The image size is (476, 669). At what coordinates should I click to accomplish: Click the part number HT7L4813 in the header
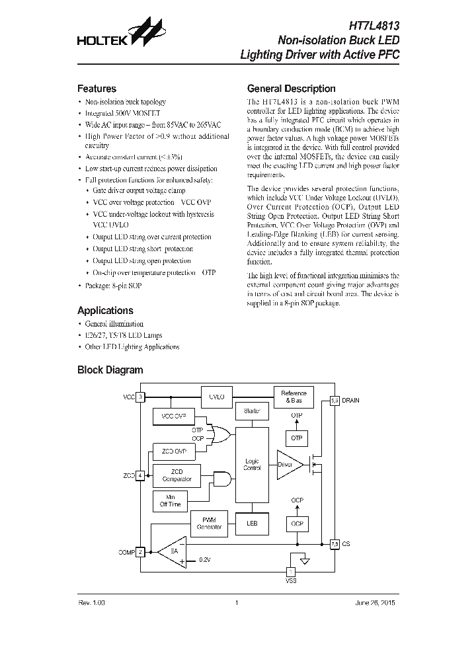[x=374, y=26]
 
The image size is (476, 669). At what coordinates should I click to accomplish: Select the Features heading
[x=97, y=89]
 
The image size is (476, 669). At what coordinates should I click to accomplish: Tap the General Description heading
[x=291, y=89]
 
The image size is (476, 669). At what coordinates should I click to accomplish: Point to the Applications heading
[x=105, y=310]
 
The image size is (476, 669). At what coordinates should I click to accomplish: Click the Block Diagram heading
[x=110, y=370]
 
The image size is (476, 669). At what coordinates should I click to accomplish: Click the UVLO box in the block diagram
[x=217, y=397]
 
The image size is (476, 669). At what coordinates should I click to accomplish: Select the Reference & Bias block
[x=294, y=397]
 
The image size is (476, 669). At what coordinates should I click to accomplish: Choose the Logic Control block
[x=252, y=464]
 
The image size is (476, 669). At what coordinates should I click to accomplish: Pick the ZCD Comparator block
[x=177, y=475]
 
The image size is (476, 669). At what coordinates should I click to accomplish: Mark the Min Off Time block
[x=170, y=500]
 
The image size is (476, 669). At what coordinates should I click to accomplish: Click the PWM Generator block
[x=208, y=524]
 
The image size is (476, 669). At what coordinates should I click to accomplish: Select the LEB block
[x=252, y=524]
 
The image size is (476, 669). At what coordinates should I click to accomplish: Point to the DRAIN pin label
[x=350, y=401]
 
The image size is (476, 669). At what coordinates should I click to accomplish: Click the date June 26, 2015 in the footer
[x=378, y=603]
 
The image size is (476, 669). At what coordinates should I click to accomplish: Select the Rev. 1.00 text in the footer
[x=92, y=603]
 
